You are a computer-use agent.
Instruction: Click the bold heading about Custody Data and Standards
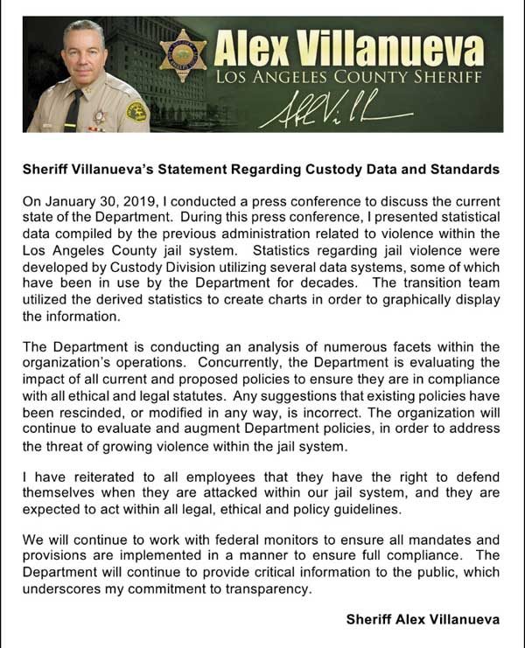262,169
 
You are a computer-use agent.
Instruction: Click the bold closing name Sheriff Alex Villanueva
423,619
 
